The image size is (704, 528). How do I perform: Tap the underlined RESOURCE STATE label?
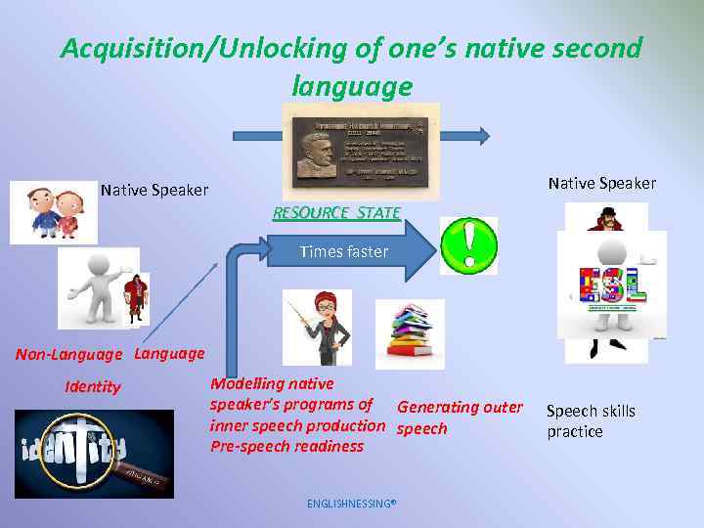(x=336, y=212)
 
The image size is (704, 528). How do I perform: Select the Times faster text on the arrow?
(x=343, y=251)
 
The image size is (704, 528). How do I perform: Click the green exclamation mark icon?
(x=468, y=245)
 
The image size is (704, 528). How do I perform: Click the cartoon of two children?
(x=55, y=211)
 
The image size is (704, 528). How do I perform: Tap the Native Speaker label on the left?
(x=154, y=190)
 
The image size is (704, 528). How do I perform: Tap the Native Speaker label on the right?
(x=601, y=183)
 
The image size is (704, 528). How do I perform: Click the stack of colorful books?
(x=410, y=333)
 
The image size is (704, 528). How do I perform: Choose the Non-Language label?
(x=68, y=355)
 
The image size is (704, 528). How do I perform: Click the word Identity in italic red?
(x=93, y=387)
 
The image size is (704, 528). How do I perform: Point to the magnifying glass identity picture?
(x=93, y=453)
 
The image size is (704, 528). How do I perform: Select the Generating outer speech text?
(x=459, y=418)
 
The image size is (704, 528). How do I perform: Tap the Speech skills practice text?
(x=590, y=421)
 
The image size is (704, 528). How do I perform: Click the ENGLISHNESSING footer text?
(x=351, y=505)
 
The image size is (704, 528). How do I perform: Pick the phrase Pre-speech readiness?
(x=286, y=447)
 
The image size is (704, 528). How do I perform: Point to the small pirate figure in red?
(x=136, y=298)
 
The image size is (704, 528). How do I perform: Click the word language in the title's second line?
(x=351, y=87)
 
